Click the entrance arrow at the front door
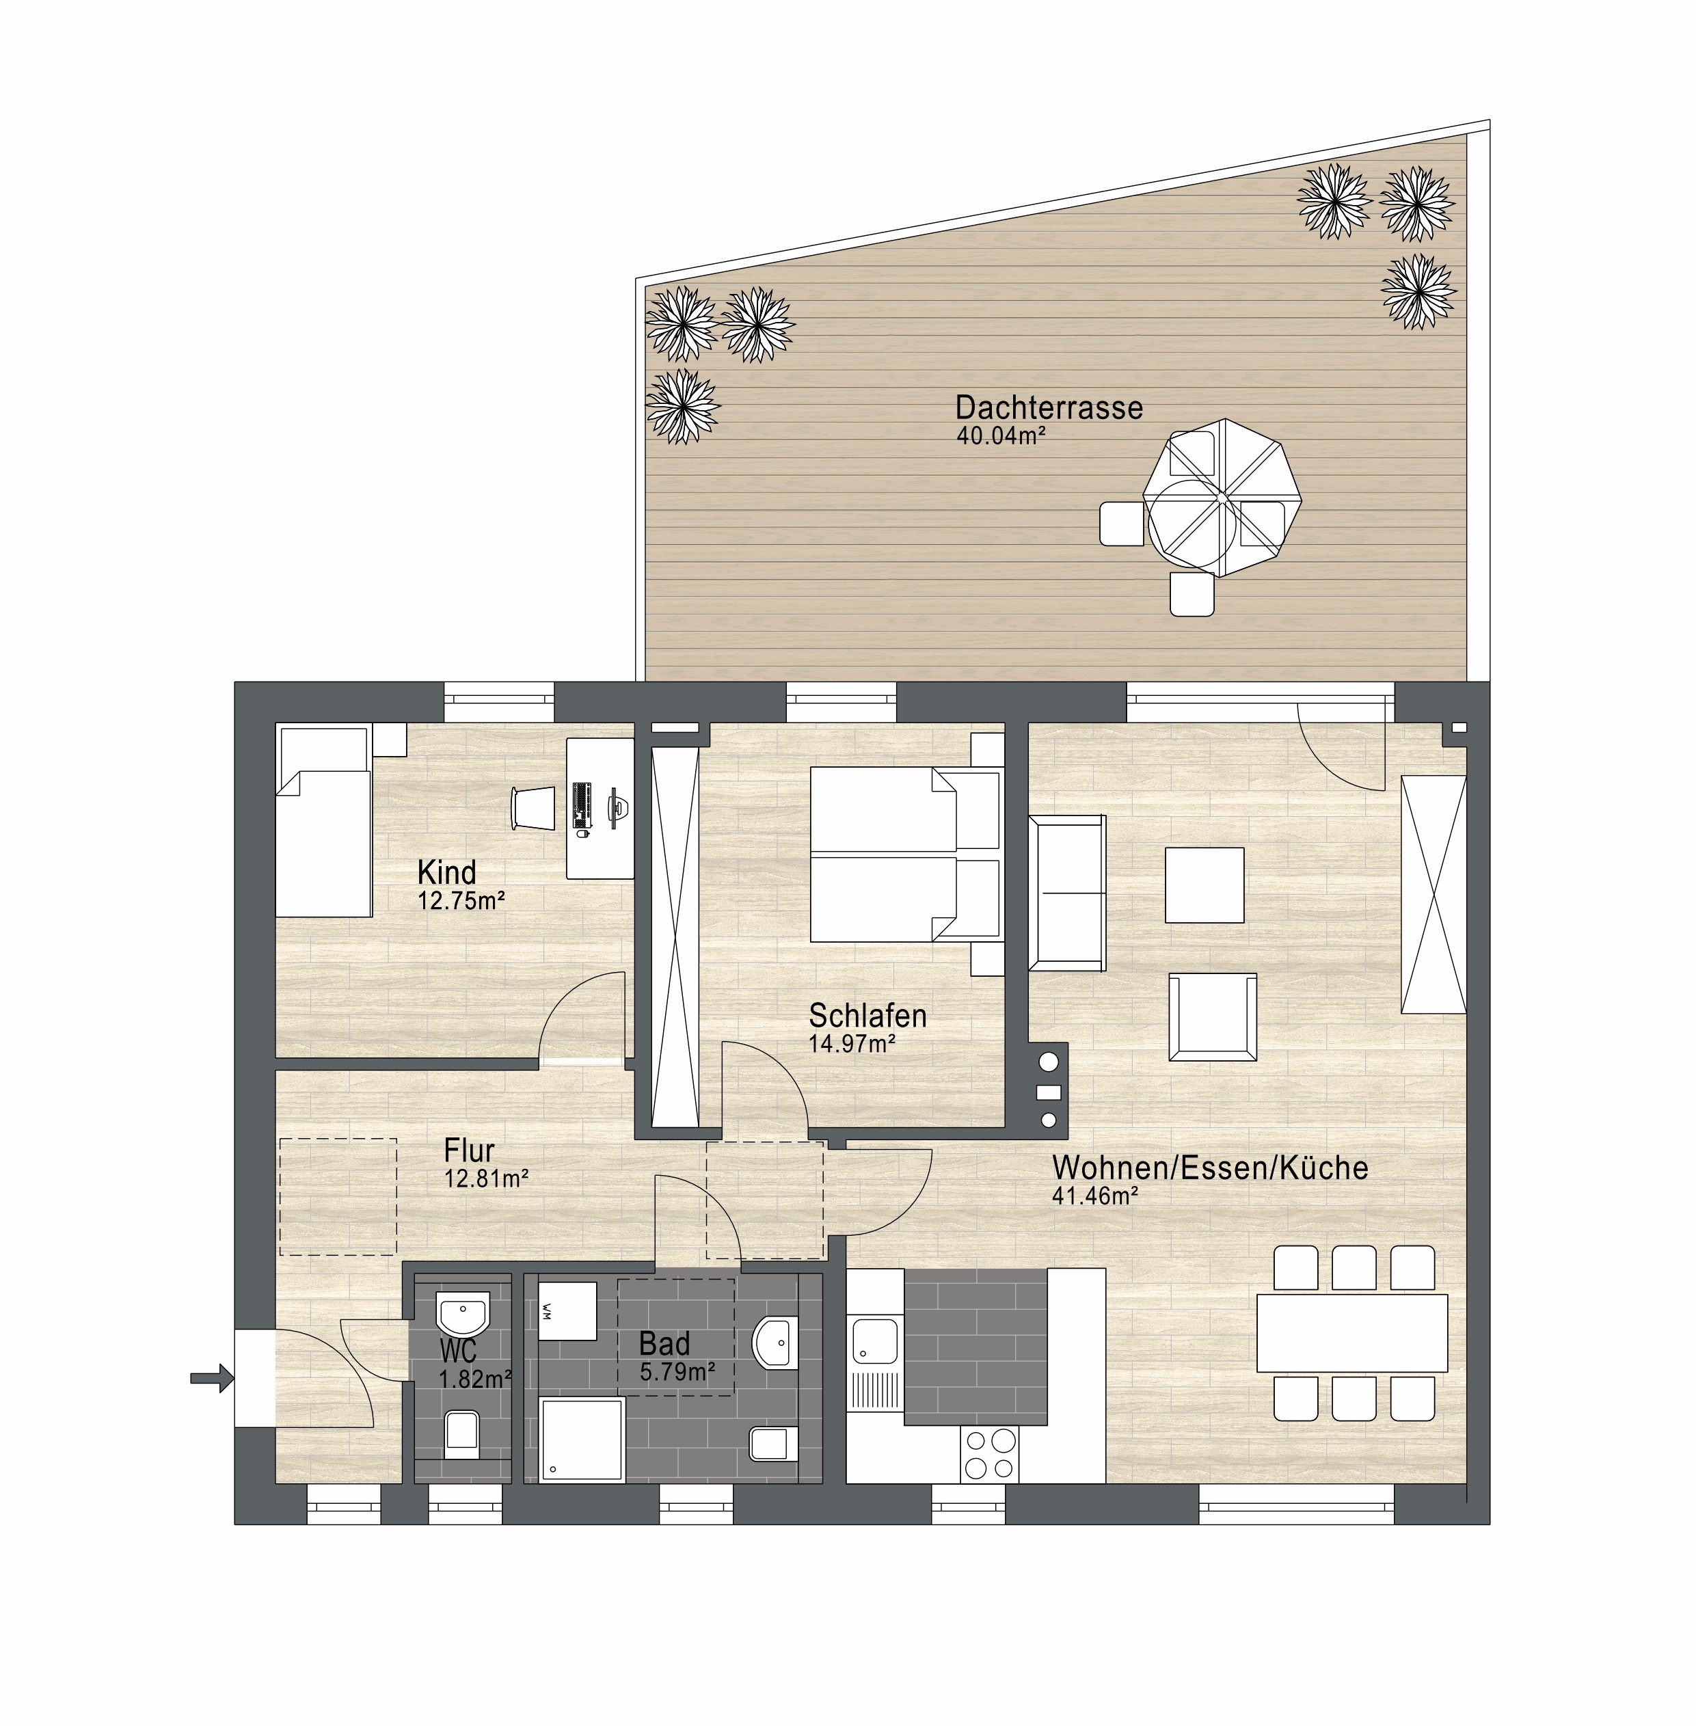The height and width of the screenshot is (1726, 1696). pyautogui.click(x=212, y=1379)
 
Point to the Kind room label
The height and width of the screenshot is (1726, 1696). pyautogui.click(x=447, y=872)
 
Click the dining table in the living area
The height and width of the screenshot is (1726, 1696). pyautogui.click(x=1352, y=1333)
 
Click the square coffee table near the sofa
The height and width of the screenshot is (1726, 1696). pyautogui.click(x=1205, y=885)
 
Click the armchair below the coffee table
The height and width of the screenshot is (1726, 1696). pyautogui.click(x=1213, y=1017)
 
